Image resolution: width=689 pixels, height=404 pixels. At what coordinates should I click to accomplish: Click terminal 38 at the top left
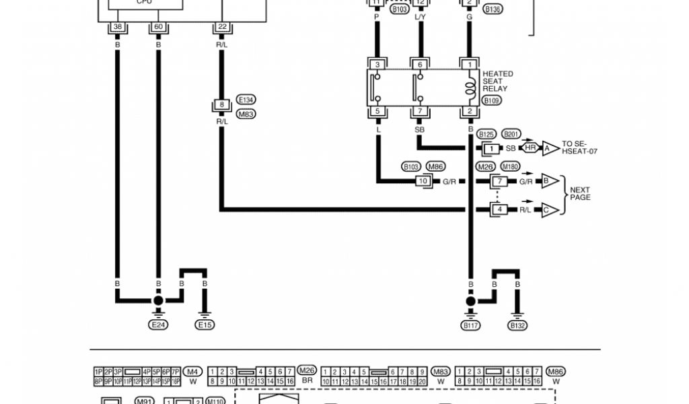(x=117, y=27)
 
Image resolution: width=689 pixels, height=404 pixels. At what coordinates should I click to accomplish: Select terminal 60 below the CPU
(x=158, y=27)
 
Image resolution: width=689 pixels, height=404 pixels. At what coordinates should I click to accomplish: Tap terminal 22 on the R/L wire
(x=221, y=27)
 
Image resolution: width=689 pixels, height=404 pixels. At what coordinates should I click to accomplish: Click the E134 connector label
(x=246, y=100)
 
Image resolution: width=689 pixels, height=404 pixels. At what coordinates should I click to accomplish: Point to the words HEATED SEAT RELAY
(x=497, y=81)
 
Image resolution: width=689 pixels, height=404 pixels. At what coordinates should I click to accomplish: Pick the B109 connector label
(x=493, y=100)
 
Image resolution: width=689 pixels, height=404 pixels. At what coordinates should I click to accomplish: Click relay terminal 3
(x=377, y=65)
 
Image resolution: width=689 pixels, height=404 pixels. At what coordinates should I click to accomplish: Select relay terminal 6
(x=419, y=65)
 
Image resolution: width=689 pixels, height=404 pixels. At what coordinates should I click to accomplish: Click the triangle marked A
(x=550, y=147)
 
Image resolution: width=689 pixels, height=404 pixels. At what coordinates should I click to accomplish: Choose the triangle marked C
(x=549, y=209)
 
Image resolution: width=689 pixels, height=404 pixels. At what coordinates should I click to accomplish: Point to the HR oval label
(x=530, y=147)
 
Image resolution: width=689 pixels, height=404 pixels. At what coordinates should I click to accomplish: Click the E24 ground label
(x=158, y=325)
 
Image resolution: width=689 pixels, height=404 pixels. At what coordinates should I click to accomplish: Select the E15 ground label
(x=205, y=325)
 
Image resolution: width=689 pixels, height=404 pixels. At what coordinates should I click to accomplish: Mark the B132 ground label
(x=517, y=326)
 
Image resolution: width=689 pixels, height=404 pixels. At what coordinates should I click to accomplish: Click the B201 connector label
(x=511, y=134)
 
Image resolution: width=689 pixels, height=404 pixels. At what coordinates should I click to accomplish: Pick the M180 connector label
(x=511, y=166)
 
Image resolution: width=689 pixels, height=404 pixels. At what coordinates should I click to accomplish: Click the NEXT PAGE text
(x=580, y=193)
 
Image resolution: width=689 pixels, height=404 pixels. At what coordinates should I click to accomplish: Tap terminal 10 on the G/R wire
(x=423, y=181)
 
